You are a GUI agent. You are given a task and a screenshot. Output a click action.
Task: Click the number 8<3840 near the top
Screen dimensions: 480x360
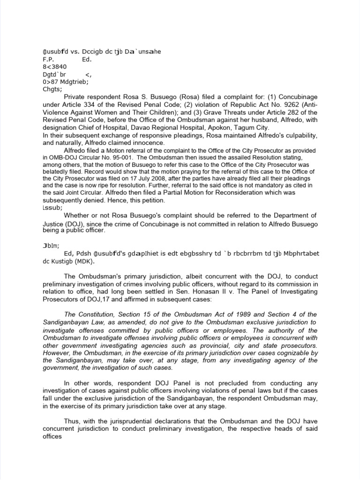tap(51, 67)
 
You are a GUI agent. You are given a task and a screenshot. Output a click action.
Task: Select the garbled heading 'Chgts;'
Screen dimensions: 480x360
tap(50, 89)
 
